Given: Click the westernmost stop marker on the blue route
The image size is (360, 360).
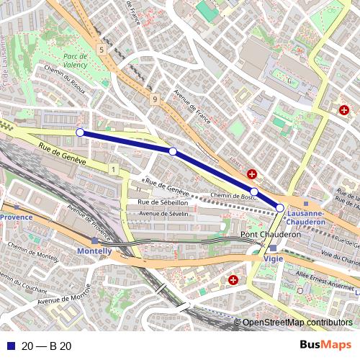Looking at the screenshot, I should (x=80, y=132).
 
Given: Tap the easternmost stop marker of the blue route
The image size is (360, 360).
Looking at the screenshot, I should (x=279, y=207).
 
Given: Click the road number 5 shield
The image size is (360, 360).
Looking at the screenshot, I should (x=102, y=50).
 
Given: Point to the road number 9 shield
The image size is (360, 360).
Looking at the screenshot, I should (x=155, y=99).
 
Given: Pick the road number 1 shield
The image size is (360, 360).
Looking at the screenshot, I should (x=114, y=168).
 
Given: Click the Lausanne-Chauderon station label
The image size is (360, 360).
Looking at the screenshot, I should (x=306, y=217).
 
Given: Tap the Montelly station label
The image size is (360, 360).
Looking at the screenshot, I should (x=94, y=251).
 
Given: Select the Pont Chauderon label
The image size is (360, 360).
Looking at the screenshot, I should (x=270, y=235).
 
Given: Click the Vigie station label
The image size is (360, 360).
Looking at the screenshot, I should (x=274, y=258).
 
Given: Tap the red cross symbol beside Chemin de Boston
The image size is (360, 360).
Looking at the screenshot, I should (x=252, y=174).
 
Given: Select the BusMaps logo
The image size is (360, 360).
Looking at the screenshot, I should (x=325, y=346).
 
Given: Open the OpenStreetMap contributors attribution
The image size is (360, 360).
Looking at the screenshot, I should (x=297, y=323).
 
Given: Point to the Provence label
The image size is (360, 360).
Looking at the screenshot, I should (x=16, y=217).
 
